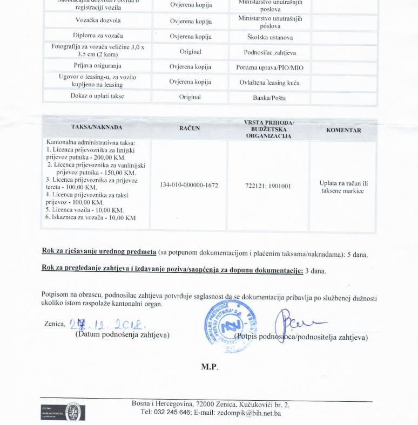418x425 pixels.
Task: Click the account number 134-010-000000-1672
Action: tap(189, 185)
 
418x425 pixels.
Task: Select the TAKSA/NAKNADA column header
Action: tap(97, 127)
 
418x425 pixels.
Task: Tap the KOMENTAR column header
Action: tap(343, 130)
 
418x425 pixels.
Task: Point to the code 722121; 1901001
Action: tap(268, 186)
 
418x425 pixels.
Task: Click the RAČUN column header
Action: tap(189, 128)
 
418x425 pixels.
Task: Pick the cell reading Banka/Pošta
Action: tap(269, 98)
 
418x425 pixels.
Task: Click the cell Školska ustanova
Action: tap(269, 37)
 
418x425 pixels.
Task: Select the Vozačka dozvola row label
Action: tap(98, 20)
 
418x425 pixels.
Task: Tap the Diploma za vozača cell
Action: tap(98, 36)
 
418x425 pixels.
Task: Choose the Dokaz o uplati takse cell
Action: tap(97, 96)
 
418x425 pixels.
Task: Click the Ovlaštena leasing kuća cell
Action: tap(269, 83)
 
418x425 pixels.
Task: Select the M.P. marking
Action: tap(210, 366)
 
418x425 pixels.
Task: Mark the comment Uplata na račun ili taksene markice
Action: tap(343, 187)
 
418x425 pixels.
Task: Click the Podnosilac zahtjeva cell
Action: tap(269, 53)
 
